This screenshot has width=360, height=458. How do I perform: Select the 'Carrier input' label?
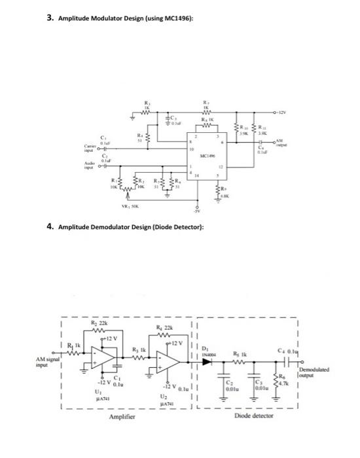[x=87, y=146]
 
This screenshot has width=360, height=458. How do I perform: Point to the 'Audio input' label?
[x=87, y=165]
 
